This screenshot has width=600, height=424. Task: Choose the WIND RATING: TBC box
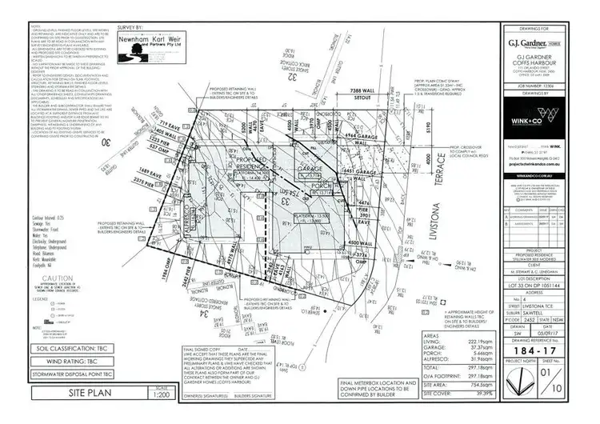[62, 361]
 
